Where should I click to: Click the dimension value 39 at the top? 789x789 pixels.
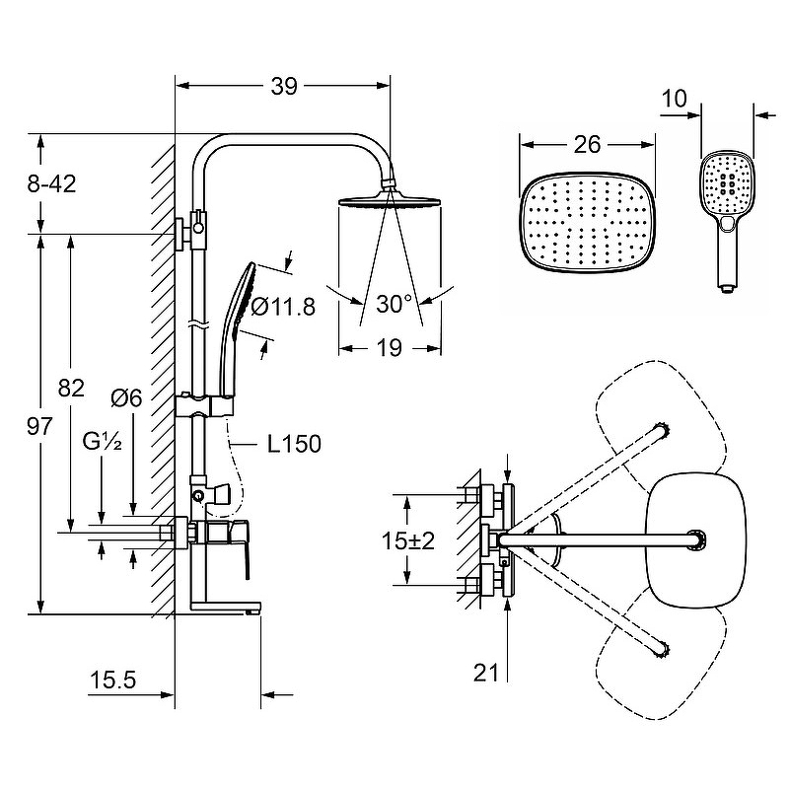point(284,87)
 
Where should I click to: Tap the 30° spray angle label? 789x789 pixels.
point(394,305)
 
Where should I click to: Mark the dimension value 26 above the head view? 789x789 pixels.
point(588,144)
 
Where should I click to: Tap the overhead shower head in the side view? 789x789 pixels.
point(390,202)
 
